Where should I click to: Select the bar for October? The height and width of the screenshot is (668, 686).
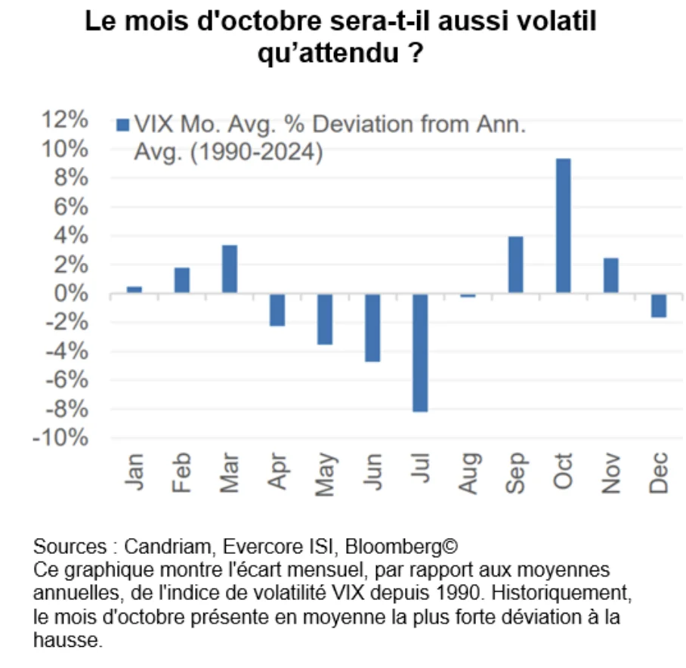coord(563,226)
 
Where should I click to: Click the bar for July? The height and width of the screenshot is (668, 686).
coord(420,353)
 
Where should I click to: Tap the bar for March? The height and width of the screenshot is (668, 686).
coord(230,269)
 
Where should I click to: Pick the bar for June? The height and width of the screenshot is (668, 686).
coord(372,328)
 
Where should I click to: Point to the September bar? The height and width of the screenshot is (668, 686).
coord(515,264)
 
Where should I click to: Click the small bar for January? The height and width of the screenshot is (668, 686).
coord(134,289)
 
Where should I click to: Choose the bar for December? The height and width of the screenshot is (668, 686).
coord(658,306)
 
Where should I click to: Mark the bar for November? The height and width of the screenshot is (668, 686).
coord(610,276)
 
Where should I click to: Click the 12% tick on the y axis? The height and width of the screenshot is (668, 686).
coord(67,120)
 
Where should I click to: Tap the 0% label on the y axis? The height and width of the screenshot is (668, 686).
coord(73,294)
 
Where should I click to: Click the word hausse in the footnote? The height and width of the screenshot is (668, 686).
coord(66,640)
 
